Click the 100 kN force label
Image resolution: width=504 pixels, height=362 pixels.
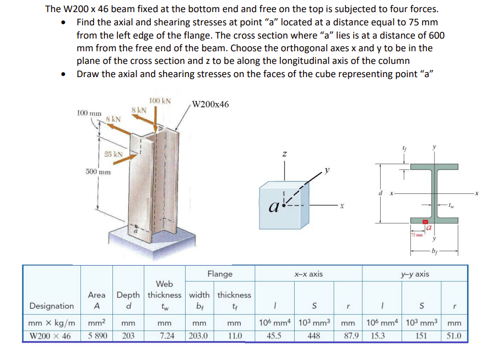click(x=160, y=101)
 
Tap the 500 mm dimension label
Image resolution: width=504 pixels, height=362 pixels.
click(x=98, y=172)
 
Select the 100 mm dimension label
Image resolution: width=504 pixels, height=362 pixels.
click(x=89, y=112)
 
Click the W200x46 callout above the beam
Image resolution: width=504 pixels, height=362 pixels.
click(x=212, y=105)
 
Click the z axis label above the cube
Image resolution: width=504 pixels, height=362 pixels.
click(x=284, y=155)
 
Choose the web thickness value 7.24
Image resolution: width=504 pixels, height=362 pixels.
click(x=164, y=336)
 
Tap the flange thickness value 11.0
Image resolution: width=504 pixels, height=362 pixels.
click(x=234, y=336)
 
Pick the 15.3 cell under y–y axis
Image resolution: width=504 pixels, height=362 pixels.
click(x=378, y=336)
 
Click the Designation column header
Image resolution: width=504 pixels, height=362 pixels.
click(x=51, y=306)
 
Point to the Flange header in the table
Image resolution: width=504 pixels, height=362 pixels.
click(x=219, y=274)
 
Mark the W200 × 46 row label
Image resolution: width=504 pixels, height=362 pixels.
click(x=50, y=336)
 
